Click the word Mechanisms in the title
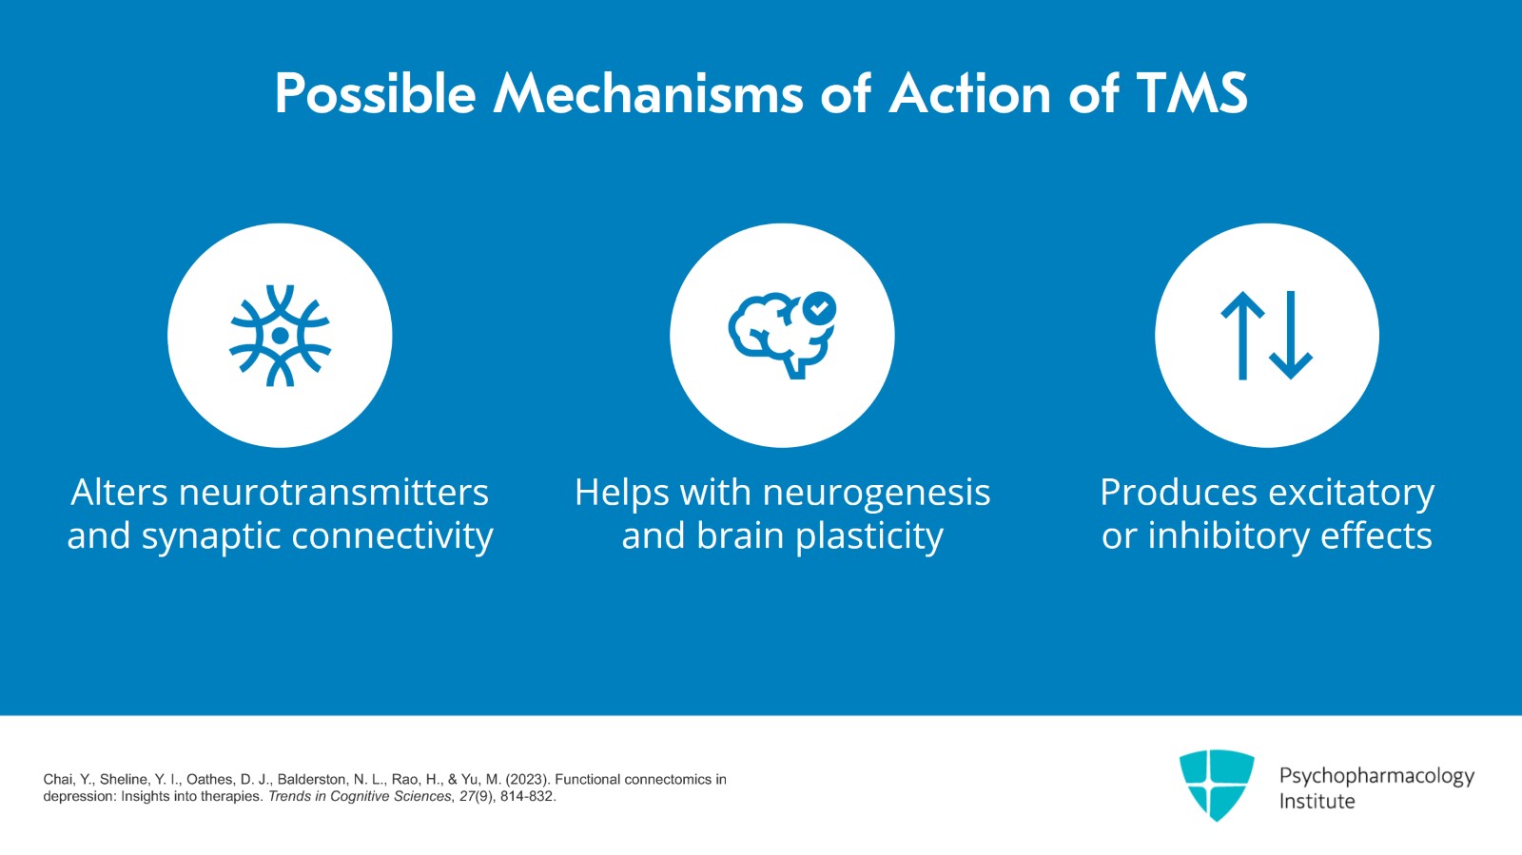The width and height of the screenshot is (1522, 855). pyautogui.click(x=648, y=94)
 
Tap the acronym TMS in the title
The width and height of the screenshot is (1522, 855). pyautogui.click(x=1192, y=94)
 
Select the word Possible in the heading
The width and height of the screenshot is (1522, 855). pyautogui.click(x=375, y=94)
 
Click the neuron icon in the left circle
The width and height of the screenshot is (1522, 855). pyautogui.click(x=280, y=336)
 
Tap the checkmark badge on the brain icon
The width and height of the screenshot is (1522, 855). pyautogui.click(x=819, y=308)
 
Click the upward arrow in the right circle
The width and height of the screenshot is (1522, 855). pyautogui.click(x=1242, y=336)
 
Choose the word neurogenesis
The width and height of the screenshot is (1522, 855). pyautogui.click(x=876, y=493)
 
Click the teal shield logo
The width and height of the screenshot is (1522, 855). pyautogui.click(x=1217, y=784)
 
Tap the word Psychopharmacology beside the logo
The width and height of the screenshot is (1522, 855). pyautogui.click(x=1376, y=776)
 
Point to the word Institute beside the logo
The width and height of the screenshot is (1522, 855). pyautogui.click(x=1317, y=802)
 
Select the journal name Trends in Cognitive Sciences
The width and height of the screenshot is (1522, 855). pyautogui.click(x=360, y=797)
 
